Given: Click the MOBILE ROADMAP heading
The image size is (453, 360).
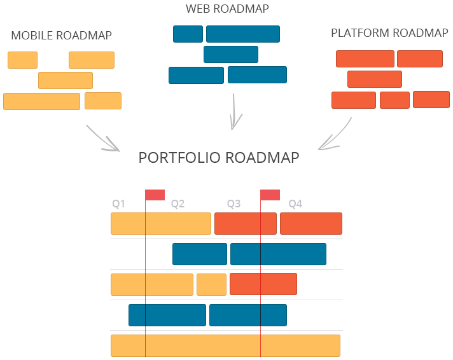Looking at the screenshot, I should (x=61, y=36).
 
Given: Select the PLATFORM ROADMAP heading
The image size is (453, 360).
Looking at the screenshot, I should (x=389, y=33).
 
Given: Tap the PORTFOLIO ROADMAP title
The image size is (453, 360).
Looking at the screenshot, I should (x=219, y=158).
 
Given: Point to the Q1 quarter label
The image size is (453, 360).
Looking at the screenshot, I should (x=119, y=204).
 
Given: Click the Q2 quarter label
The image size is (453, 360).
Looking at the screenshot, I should (x=178, y=204).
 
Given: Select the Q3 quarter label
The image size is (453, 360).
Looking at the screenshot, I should (x=234, y=204).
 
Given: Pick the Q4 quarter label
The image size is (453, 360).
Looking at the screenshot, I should (x=295, y=204).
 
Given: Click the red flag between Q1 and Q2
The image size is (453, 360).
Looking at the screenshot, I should (x=155, y=195).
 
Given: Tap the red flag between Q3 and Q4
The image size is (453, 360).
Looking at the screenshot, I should (x=270, y=195).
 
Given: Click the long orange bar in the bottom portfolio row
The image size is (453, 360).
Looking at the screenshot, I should (x=225, y=345).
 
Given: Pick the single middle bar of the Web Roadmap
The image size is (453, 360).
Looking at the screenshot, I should (x=231, y=55).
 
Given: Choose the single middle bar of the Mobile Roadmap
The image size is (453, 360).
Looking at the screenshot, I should (x=66, y=81).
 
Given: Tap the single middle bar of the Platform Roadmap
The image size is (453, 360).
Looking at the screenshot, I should (x=375, y=80).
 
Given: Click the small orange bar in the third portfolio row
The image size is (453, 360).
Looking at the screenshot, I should (x=211, y=284).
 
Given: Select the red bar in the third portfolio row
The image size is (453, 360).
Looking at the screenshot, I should (x=263, y=284).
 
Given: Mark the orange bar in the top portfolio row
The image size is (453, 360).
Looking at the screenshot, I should (x=161, y=224).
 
